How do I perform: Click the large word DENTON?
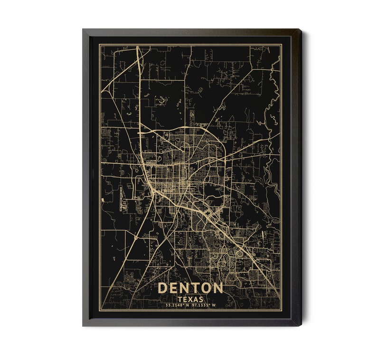190,288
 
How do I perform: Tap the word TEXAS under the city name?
190,299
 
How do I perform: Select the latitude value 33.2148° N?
175,305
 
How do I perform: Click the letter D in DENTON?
162,288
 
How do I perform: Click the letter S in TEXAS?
201,299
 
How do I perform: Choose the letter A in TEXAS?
196,299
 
